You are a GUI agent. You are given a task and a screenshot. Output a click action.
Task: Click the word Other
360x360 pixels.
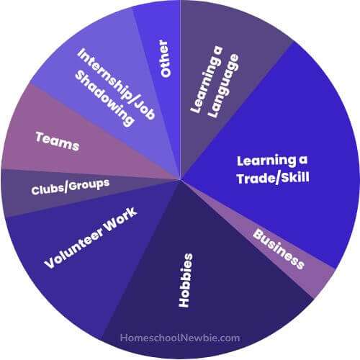click(165, 58)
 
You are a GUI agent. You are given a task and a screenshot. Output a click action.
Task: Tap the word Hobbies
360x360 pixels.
click(186, 280)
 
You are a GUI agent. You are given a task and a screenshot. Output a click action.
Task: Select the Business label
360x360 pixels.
click(279, 249)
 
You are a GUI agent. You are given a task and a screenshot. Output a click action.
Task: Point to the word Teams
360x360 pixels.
click(57, 141)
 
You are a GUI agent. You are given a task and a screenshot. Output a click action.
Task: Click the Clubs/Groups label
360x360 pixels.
click(71, 186)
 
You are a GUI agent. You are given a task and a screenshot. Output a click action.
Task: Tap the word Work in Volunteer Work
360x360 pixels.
click(121, 220)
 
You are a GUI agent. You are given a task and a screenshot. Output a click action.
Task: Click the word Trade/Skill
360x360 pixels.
click(273, 178)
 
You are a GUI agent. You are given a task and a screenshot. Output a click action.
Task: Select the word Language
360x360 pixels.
click(223, 86)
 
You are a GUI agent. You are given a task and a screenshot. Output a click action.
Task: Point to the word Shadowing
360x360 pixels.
click(104, 99)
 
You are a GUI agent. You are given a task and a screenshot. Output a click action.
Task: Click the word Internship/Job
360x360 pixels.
click(116, 84)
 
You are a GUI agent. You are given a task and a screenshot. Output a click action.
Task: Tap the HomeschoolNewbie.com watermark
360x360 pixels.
click(180, 338)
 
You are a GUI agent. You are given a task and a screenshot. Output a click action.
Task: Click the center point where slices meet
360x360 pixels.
click(180, 179)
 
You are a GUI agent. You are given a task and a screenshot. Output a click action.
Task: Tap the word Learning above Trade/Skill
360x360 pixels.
click(266, 161)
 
